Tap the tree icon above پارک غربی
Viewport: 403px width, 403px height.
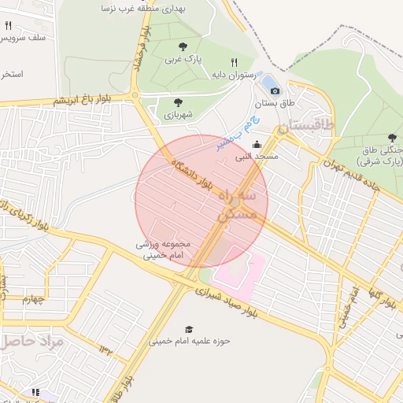coord(183,46)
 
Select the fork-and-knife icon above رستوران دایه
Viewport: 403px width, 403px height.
coord(233,62)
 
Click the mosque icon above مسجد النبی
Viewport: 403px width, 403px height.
coord(257,144)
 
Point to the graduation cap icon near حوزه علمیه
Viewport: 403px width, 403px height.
coord(188,329)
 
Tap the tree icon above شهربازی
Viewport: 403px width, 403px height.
coord(178,102)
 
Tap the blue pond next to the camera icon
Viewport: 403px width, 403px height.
coord(267,81)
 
